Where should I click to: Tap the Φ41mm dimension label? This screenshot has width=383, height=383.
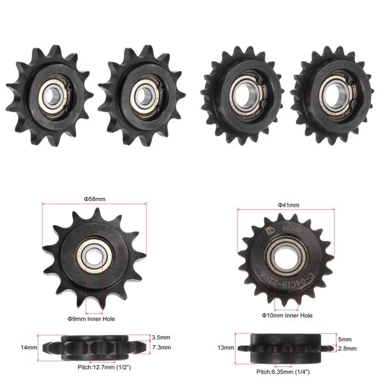tap(289, 205)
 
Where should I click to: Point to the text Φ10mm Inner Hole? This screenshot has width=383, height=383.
tap(287, 315)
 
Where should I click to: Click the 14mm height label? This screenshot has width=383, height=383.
tap(30, 347)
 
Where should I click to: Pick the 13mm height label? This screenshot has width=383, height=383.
tap(225, 348)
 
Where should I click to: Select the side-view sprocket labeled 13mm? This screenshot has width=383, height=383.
tap(285, 349)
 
